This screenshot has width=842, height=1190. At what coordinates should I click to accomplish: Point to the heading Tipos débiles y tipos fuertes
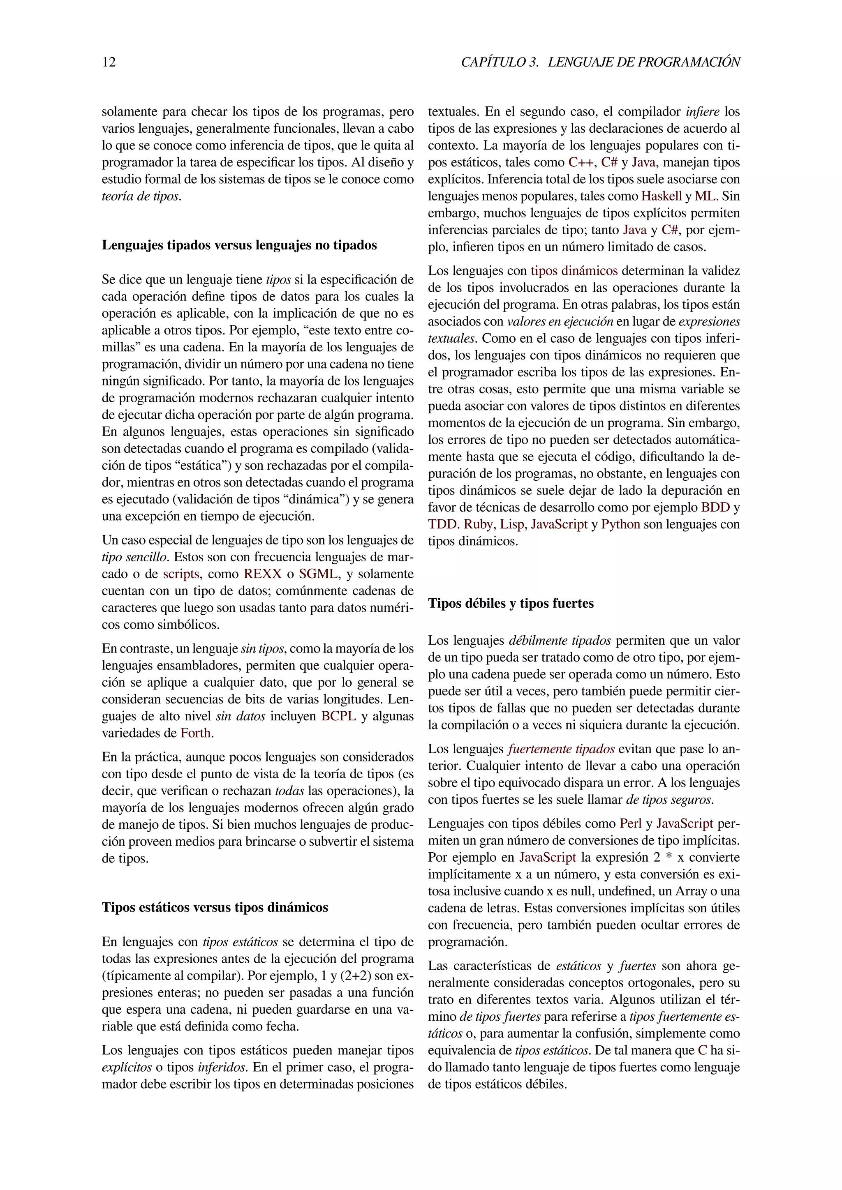point(511,603)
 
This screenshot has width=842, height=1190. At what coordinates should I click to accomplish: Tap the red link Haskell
point(661,196)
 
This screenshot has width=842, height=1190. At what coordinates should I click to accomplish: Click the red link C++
point(582,163)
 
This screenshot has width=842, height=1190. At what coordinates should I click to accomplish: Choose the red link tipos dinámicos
point(574,270)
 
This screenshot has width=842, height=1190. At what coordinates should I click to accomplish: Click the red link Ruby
point(478,524)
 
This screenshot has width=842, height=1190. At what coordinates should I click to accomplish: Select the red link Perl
point(630,823)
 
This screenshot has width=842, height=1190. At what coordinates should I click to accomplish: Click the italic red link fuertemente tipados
point(561,749)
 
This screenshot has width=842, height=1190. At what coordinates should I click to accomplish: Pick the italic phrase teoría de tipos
point(141,196)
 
